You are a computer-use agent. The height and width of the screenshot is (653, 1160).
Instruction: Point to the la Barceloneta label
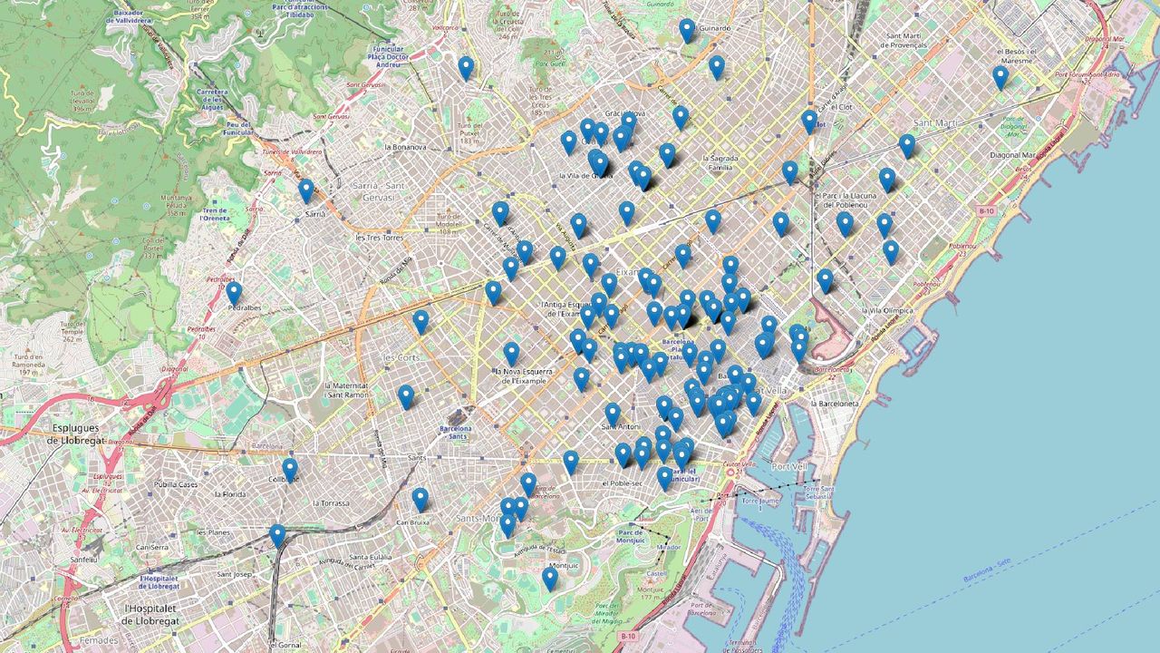coord(842,404)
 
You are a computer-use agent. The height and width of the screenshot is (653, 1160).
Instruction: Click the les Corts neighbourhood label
coord(401,357)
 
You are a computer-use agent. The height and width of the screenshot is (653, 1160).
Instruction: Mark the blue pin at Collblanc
coord(290,470)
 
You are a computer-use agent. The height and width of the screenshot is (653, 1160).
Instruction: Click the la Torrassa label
coord(331,502)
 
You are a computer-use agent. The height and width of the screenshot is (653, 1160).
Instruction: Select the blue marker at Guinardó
coord(687,31)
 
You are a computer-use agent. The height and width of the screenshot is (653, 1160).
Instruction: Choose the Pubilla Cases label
coord(176,484)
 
